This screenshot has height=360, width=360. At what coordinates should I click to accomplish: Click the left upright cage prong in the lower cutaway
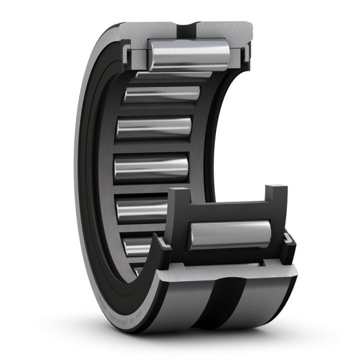click(x=175, y=204)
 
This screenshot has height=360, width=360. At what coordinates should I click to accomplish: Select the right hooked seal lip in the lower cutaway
click(x=288, y=240)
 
